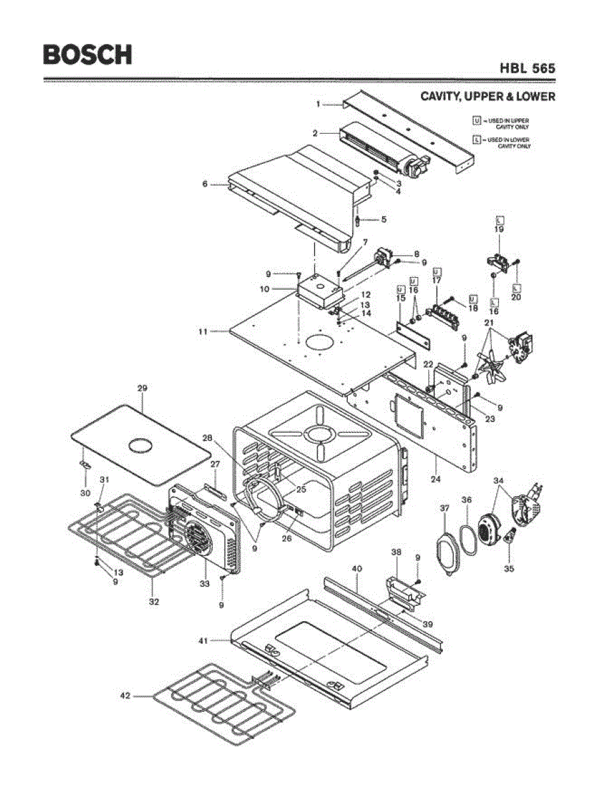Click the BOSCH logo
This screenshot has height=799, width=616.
(x=87, y=54)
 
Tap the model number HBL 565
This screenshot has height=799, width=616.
(x=527, y=68)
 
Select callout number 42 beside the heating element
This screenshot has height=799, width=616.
(x=125, y=696)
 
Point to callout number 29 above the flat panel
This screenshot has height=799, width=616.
(x=142, y=388)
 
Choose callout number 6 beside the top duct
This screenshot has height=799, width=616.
(x=205, y=184)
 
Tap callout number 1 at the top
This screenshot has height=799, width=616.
(x=319, y=103)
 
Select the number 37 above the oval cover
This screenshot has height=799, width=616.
(x=445, y=509)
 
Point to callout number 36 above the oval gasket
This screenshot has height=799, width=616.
(x=467, y=499)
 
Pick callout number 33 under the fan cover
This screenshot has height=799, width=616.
(x=205, y=583)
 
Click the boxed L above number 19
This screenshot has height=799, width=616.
(x=499, y=219)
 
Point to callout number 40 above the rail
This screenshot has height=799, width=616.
(x=357, y=569)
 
